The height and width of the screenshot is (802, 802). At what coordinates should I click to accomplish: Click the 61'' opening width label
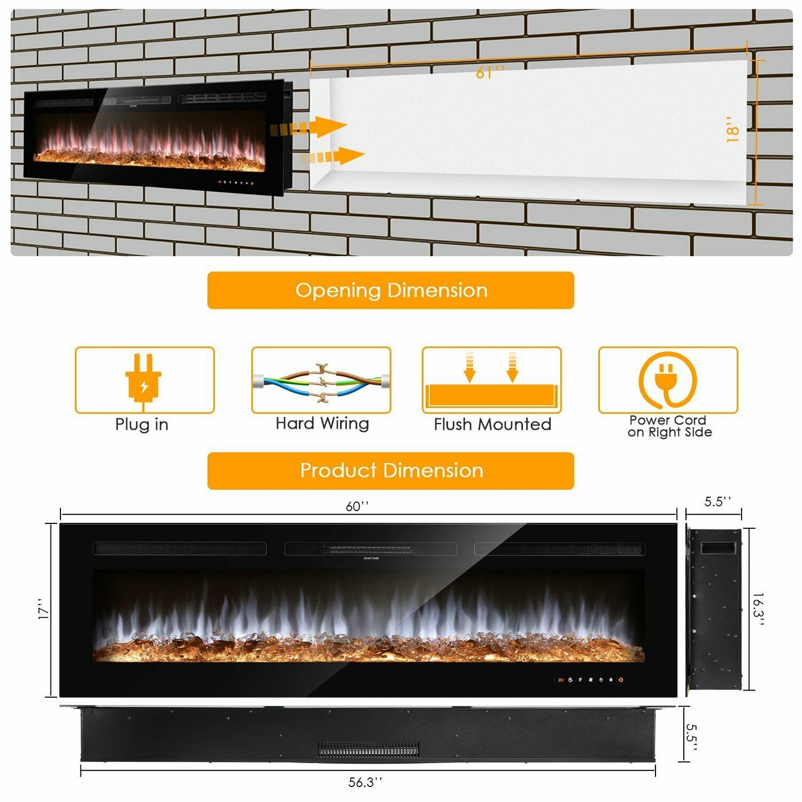[x=490, y=73]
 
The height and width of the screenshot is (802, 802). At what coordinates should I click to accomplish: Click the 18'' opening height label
[x=733, y=129]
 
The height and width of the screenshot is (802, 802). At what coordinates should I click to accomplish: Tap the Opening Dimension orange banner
[x=390, y=290]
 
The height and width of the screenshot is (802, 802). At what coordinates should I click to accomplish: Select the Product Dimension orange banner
[x=390, y=471]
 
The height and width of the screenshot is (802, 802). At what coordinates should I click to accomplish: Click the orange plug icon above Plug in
[x=144, y=379]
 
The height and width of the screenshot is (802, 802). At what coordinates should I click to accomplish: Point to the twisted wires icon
[x=321, y=381]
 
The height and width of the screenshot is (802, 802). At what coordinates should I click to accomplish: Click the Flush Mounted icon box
[x=492, y=380]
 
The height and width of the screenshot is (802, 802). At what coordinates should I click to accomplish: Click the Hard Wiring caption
[x=322, y=423]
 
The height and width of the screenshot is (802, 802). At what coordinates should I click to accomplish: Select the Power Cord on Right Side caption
[x=669, y=426]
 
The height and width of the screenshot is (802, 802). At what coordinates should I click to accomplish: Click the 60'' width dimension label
[x=357, y=506]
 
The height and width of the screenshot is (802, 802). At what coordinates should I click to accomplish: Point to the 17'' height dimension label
[x=44, y=609]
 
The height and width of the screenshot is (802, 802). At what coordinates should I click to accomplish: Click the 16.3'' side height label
[x=758, y=609]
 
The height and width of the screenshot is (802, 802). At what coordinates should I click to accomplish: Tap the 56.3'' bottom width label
[x=365, y=782]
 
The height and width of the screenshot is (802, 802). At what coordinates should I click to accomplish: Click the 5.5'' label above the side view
[x=718, y=502]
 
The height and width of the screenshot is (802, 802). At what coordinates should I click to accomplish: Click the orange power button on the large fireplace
[x=621, y=679]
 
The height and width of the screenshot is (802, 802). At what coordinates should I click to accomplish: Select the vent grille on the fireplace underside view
[x=368, y=750]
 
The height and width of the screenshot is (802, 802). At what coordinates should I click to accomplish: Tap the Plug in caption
[x=142, y=425]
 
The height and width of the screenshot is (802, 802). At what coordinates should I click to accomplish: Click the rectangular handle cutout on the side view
[x=717, y=548]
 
